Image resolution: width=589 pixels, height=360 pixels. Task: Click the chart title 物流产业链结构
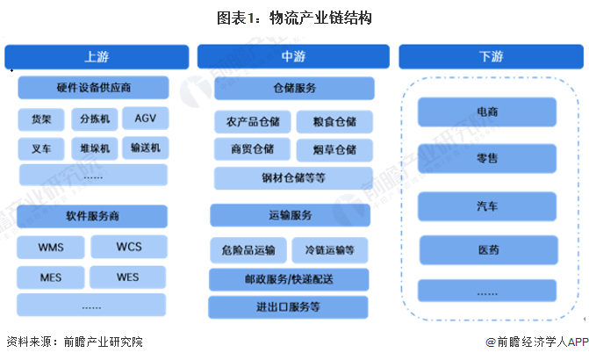pos(294,18)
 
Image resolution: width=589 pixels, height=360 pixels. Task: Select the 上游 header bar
pos(97,57)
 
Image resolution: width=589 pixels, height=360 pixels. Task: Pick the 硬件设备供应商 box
pos(93,88)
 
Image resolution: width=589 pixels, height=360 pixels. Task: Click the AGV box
pos(145,119)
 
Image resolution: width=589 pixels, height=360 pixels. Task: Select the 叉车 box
pos(41,148)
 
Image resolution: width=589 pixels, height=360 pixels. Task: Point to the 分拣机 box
pos(93,119)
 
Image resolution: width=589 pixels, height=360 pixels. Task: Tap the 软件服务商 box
pos(93,216)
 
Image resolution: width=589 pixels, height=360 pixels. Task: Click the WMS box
pos(51,247)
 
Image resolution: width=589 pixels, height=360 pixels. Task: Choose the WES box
pos(128,277)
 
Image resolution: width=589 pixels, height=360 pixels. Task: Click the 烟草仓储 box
pos(333,149)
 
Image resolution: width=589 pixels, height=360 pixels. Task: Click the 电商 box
pos(487,113)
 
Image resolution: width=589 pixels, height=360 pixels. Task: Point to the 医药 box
pos(487,250)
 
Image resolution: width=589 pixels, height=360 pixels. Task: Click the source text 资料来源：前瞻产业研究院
pos(75,342)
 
